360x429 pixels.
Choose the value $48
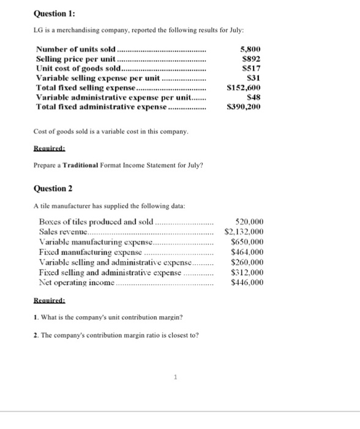252,97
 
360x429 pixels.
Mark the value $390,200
244,107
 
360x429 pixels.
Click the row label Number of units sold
76,49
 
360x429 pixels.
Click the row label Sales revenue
64,232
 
